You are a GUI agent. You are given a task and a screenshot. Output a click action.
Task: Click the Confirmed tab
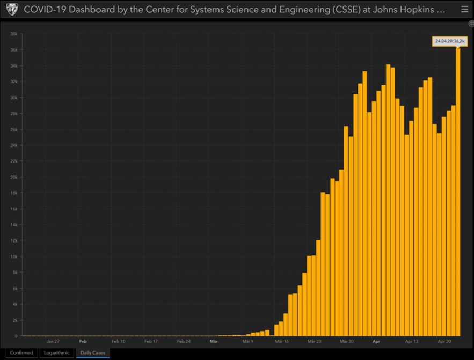21,352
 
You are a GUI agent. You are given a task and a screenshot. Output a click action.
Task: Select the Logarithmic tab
56,352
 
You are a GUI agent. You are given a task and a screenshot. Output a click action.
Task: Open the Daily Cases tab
92,352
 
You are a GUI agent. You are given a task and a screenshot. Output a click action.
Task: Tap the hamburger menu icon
464,10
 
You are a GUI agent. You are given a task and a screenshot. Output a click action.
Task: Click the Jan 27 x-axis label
53,341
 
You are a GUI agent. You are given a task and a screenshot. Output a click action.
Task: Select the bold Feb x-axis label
83,341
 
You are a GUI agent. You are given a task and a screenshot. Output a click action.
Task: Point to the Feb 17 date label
151,341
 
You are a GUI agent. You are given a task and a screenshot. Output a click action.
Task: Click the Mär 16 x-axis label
281,341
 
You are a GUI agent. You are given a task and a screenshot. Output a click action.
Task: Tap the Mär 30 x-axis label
346,341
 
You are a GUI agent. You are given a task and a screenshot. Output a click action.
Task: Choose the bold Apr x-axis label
376,341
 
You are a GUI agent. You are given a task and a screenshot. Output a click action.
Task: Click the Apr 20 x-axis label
444,341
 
